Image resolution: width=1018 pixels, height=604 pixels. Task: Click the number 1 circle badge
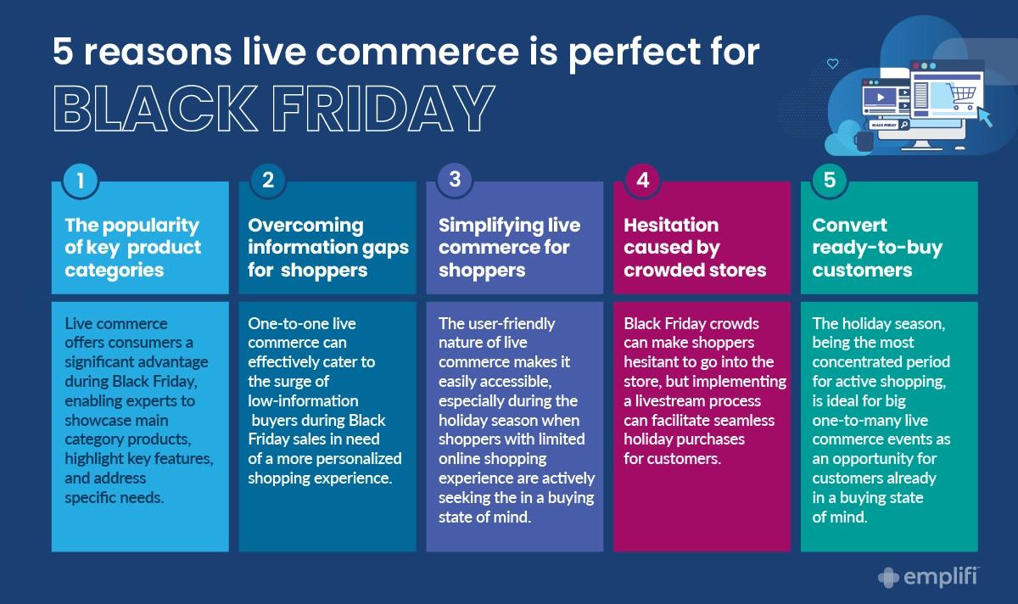[81, 181]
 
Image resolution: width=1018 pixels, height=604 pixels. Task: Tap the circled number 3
[455, 180]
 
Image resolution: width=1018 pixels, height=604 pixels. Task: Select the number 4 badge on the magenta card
[643, 181]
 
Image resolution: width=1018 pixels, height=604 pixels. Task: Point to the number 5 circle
[830, 181]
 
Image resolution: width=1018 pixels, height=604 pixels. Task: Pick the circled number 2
[268, 181]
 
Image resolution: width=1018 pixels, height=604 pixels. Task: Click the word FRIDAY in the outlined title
[383, 109]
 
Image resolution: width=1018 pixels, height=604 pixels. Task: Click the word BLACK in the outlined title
[155, 109]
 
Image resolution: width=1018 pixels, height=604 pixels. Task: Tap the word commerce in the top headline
[417, 52]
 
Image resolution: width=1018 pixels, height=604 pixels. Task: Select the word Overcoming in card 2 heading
[306, 225]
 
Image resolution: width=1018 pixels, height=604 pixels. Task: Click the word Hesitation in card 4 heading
[671, 225]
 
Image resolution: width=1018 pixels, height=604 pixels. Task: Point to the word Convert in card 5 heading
[849, 225]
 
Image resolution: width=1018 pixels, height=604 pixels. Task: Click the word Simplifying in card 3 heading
[491, 226]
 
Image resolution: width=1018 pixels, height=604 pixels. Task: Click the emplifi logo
[929, 577]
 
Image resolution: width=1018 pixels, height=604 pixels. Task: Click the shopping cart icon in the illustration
[962, 96]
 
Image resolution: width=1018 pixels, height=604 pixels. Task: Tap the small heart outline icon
[832, 64]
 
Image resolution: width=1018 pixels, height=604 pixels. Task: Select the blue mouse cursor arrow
[985, 117]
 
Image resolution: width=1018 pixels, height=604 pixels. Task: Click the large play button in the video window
[881, 98]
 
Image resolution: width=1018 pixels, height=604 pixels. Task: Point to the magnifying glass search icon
[904, 124]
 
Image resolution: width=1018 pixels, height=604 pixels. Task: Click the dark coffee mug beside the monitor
[864, 141]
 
